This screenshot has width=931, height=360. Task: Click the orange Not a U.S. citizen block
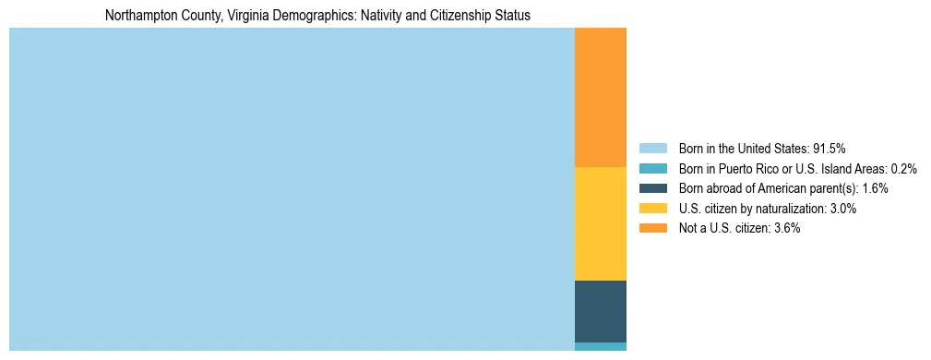tap(600, 97)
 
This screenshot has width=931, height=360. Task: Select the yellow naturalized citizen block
tap(600, 223)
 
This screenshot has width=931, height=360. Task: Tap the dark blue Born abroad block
tap(600, 311)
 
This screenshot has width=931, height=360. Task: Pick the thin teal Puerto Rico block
tap(600, 346)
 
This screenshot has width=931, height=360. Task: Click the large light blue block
tap(292, 189)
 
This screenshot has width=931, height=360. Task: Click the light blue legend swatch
tap(652, 149)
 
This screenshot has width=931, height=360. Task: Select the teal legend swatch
tap(652, 169)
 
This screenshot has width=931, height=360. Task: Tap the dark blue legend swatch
tap(652, 188)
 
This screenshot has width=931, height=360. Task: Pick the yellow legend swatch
tap(652, 209)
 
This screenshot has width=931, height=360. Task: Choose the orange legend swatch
tap(652, 229)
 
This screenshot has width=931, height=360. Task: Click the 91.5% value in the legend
tap(829, 149)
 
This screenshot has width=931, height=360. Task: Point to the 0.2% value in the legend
tap(903, 169)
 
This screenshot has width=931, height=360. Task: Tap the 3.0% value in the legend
tap(841, 209)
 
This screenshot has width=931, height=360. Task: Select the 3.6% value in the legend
tap(785, 229)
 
